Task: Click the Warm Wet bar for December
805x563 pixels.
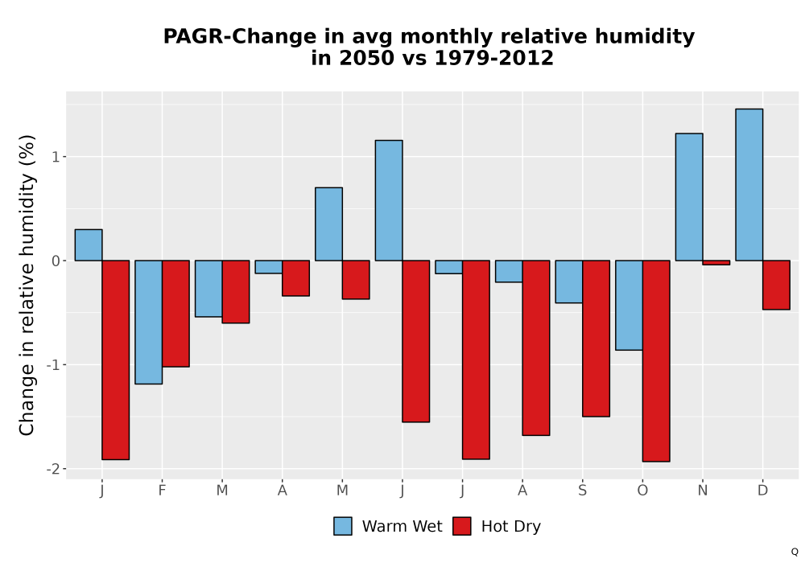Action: tap(749, 185)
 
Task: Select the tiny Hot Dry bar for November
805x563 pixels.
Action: tap(716, 262)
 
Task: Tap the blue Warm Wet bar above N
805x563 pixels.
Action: tap(689, 197)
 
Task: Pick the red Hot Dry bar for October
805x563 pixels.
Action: tap(656, 361)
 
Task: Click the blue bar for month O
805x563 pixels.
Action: tap(629, 305)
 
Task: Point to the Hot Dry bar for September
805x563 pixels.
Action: tap(596, 339)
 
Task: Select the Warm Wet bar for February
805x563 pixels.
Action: tap(148, 322)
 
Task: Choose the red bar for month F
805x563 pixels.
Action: tap(175, 314)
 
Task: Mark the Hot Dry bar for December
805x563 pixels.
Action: tap(776, 285)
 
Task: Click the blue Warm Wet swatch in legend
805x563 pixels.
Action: tap(343, 526)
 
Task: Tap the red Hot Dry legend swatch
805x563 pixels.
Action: tap(462, 526)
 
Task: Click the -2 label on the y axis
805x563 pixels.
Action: tap(53, 469)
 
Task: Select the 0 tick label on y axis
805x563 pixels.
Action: tap(56, 261)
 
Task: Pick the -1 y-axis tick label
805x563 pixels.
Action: tap(53, 365)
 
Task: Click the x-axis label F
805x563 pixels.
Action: tap(163, 491)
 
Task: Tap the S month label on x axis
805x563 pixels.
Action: tap(582, 491)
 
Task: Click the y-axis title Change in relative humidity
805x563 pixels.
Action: tap(27, 285)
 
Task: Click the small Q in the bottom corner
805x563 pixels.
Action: tap(795, 552)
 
